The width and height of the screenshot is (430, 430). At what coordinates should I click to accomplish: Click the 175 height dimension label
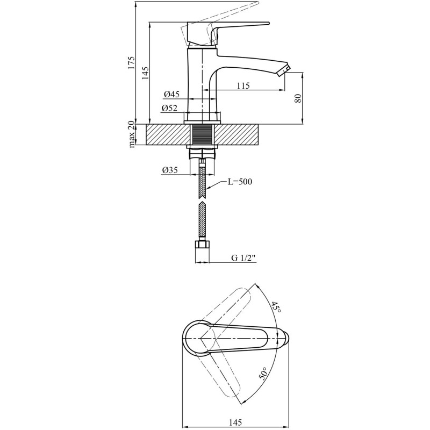(131, 63)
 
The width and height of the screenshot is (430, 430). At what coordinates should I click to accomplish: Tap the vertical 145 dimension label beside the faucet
(145, 73)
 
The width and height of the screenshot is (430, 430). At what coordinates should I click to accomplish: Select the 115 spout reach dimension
(243, 86)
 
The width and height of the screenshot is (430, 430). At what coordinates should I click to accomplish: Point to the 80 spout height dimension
(298, 98)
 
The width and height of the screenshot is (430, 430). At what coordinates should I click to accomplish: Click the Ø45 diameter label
(171, 95)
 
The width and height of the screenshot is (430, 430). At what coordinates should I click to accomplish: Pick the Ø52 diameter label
(169, 109)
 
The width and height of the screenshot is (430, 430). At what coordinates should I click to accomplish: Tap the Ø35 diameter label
(170, 170)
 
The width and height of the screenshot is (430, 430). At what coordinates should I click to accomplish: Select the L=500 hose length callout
(240, 182)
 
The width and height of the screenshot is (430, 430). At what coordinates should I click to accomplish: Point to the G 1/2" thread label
(243, 258)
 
